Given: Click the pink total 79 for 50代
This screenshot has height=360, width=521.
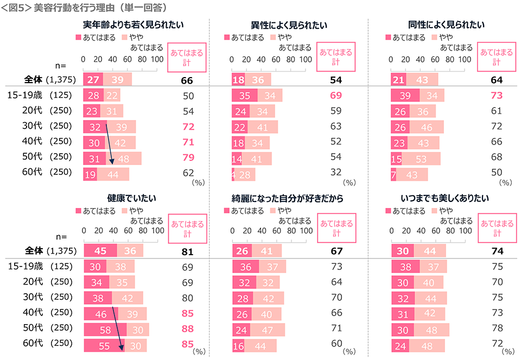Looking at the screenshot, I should coord(187,157).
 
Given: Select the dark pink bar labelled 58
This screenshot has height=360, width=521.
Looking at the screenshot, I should coord(105,330).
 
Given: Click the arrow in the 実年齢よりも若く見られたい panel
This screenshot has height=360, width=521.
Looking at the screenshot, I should coord(110,143).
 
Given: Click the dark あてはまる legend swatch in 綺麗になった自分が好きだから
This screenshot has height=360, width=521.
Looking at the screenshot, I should coord(227,210).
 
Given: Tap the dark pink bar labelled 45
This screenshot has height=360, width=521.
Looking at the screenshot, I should coord(100,251).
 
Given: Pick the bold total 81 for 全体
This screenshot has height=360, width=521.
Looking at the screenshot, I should coord(187,251).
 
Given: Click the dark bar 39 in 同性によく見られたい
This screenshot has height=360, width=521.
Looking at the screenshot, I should coord(405,96).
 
